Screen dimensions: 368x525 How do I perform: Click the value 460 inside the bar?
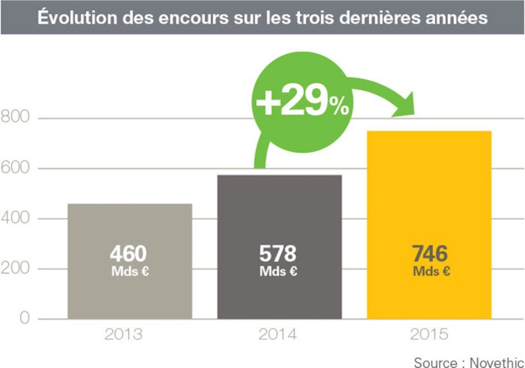[128, 254]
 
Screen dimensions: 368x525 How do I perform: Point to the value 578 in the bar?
[278, 254]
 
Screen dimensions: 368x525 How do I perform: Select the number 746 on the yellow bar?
[430, 254]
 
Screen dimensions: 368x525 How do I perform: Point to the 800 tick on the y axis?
[15, 119]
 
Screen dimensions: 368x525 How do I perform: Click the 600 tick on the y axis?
[15, 169]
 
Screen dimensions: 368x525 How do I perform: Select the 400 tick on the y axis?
[15, 218]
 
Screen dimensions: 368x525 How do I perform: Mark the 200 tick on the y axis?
[15, 268]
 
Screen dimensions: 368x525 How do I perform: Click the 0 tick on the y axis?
[24, 318]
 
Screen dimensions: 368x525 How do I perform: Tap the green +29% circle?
[301, 103]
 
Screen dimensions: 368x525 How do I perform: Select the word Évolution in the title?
[74, 17]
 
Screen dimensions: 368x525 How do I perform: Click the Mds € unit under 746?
[430, 271]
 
